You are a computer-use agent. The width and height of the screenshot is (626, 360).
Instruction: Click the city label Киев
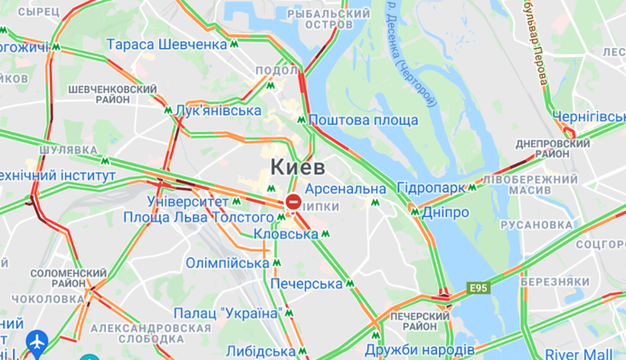(298, 167)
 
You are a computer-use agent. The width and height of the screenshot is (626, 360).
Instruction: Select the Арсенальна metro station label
(346, 189)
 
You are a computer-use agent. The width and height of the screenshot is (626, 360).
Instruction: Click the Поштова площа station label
(363, 120)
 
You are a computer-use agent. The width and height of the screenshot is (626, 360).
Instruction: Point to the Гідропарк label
(430, 188)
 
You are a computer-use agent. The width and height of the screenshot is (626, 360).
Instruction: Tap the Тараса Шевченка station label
(166, 44)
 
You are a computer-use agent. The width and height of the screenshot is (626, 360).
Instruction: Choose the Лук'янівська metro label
(212, 110)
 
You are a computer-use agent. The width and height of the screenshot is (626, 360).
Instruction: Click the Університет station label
(186, 200)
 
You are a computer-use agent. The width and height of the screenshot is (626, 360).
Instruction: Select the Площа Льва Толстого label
(197, 217)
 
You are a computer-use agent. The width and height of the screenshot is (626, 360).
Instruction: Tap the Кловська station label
(285, 233)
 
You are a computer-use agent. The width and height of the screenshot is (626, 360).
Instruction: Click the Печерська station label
(307, 284)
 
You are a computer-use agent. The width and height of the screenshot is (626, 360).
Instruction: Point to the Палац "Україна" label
(226, 313)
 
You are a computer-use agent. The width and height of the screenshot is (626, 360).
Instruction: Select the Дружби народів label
(420, 350)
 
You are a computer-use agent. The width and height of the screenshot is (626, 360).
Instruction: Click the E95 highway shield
(479, 289)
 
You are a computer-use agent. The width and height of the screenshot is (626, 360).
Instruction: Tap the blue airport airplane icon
(37, 342)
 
